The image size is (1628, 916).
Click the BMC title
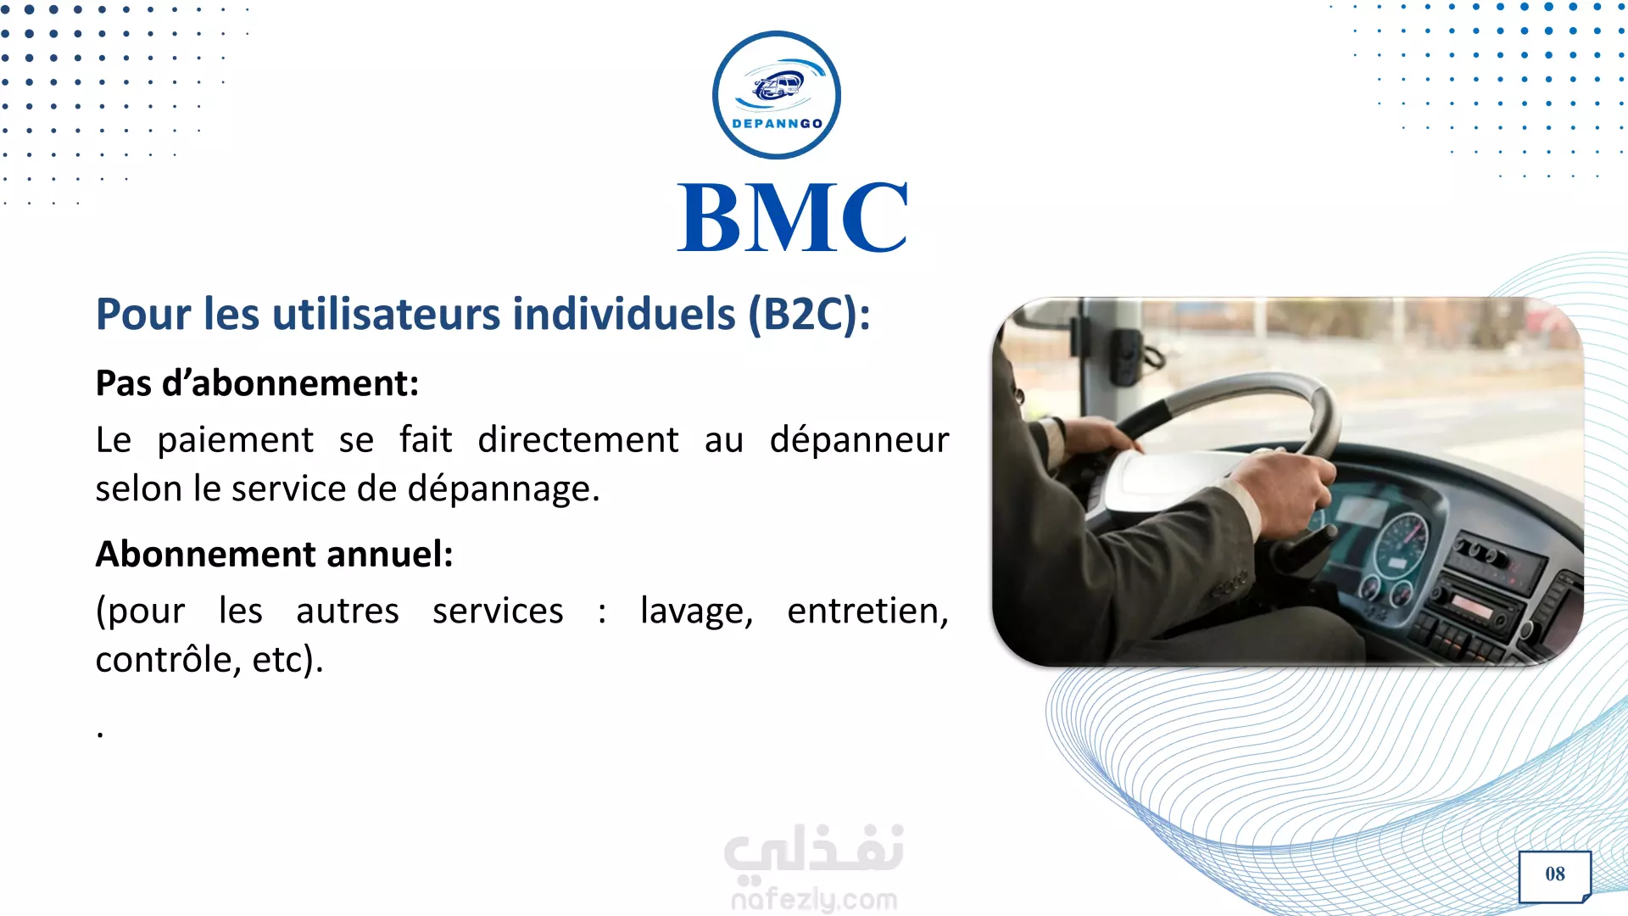tap(792, 218)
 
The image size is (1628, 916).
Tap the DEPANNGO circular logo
tap(777, 95)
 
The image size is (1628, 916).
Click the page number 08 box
tap(1555, 876)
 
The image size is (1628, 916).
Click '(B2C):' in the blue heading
tap(809, 315)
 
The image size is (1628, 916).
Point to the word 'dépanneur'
tap(859, 440)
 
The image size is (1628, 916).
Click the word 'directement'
tap(578, 440)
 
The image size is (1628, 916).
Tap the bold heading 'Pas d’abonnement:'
tap(257, 383)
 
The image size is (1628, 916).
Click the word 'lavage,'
tap(697, 612)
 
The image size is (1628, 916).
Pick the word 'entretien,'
tap(867, 612)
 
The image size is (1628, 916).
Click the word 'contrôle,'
tap(168, 660)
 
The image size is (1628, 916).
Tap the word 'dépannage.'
tap(504, 489)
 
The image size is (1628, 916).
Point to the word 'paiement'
tap(236, 440)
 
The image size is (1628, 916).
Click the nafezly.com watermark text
tap(814, 898)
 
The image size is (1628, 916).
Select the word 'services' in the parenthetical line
tap(498, 612)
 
